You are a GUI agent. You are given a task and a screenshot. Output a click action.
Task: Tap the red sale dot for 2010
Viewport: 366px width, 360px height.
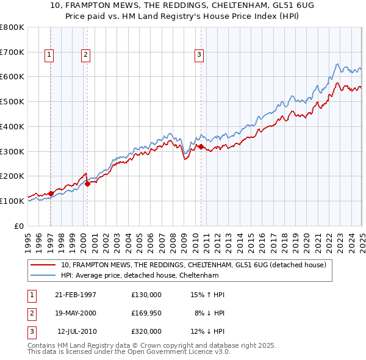(x=201, y=146)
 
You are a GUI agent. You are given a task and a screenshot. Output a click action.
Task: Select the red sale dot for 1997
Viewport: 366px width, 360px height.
(x=51, y=193)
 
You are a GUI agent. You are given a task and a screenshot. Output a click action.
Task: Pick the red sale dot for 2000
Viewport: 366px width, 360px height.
(x=87, y=183)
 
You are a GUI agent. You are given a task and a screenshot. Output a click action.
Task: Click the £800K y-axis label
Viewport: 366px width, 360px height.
(x=12, y=27)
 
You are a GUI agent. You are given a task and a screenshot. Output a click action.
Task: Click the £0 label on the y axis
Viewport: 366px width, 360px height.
(x=19, y=226)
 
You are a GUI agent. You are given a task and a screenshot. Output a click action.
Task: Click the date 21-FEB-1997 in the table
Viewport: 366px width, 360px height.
(x=76, y=295)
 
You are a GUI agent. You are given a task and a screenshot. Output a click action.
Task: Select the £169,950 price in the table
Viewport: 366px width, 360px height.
(x=146, y=313)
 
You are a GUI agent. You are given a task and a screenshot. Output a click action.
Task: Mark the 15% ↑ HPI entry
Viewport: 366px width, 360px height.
(x=207, y=295)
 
